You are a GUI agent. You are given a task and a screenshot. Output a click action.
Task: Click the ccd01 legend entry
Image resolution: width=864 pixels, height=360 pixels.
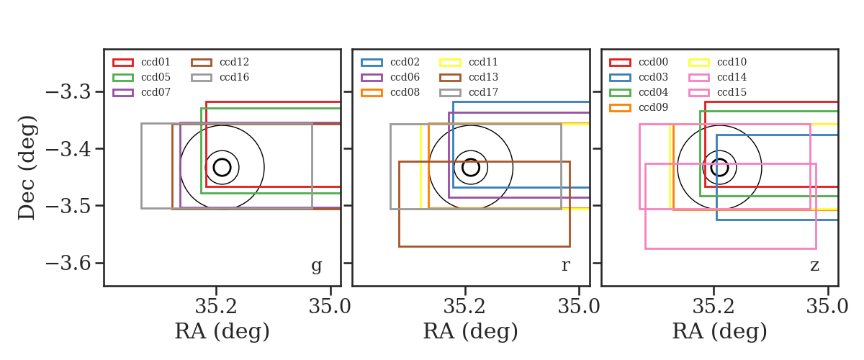coord(141,62)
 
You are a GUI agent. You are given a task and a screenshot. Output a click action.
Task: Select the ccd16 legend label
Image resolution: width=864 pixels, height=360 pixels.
coord(234,77)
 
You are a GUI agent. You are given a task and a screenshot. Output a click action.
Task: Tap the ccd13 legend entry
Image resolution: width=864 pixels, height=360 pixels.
coord(469,77)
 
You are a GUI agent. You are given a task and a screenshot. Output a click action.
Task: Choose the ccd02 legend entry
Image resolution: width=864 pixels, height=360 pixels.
coord(390,62)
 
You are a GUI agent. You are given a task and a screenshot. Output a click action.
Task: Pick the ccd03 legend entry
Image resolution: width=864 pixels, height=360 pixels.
coord(639,77)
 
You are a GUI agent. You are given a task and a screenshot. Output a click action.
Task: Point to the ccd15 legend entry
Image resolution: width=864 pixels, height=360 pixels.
coord(717,92)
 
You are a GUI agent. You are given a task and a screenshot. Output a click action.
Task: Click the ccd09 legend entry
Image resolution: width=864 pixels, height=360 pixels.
coord(639,107)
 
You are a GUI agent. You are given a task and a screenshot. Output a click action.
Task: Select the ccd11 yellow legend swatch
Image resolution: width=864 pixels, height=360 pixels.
coord(450,63)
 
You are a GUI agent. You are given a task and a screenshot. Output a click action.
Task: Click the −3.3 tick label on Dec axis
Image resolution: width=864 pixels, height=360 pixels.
coord(68,92)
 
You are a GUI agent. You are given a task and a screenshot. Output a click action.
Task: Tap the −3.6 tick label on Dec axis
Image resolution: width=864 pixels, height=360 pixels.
coord(68,264)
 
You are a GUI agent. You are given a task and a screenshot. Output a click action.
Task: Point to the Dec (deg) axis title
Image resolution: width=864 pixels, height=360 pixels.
coord(27,168)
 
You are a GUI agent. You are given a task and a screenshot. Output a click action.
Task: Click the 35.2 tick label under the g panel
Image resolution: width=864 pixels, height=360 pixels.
coord(215,307)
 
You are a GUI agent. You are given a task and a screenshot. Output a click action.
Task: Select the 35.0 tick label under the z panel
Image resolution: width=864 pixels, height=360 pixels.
coord(827,307)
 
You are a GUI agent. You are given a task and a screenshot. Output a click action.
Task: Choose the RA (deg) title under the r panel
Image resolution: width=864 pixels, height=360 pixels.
coord(471,331)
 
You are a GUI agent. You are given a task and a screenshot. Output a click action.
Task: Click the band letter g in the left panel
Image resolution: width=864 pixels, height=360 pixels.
coord(316,266)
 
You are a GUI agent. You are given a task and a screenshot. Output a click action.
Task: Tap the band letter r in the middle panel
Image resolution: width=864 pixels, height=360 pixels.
coord(565,266)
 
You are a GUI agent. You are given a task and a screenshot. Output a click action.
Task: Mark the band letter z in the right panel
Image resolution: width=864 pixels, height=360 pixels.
coord(814,266)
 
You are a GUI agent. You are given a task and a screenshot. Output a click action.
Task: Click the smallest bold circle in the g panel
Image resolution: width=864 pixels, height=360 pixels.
coord(222,159)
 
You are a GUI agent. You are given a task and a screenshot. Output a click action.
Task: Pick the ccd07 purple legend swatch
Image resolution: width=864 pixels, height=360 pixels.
coord(123,93)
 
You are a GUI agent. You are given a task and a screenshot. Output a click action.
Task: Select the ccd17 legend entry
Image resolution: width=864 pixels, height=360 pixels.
coord(469,92)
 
